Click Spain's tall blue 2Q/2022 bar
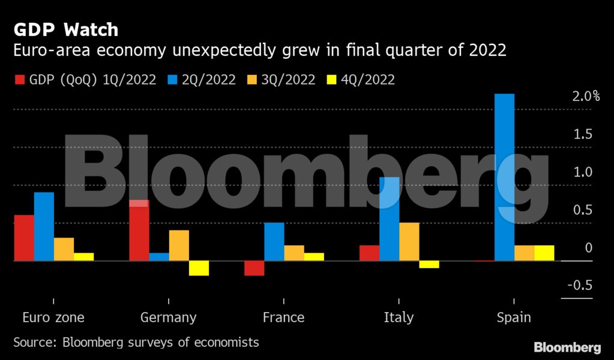click(504, 177)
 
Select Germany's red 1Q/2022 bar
click(139, 230)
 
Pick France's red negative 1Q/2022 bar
click(254, 268)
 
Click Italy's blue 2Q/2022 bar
click(390, 219)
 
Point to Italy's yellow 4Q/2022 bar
click(429, 265)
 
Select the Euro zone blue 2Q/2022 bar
click(44, 227)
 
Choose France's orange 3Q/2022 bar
click(294, 253)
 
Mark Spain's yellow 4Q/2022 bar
click(544, 253)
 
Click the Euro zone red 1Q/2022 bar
click(24, 238)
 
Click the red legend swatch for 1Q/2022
click(19, 80)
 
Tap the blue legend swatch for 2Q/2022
click(171, 80)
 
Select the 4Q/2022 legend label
click(368, 80)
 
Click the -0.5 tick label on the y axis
click(580, 286)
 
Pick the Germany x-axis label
click(168, 317)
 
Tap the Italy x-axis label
click(399, 317)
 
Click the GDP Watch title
click(66, 29)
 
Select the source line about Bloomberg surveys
click(136, 343)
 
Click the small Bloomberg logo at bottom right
click(567, 347)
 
